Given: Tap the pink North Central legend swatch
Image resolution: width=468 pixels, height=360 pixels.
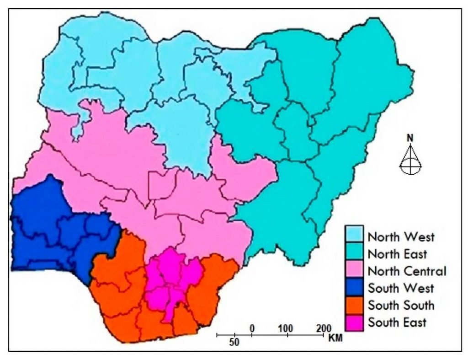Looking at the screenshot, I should pyautogui.click(x=355, y=271).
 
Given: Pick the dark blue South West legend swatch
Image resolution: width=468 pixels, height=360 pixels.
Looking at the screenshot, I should pyautogui.click(x=355, y=288).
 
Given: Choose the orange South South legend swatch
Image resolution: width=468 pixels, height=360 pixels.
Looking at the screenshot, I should pyautogui.click(x=355, y=305).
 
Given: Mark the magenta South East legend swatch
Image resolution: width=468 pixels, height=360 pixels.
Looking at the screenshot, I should pyautogui.click(x=355, y=322).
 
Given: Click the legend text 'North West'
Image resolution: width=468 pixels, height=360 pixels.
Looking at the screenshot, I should pyautogui.click(x=401, y=237).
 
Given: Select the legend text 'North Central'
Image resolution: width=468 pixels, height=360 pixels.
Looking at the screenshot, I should pyautogui.click(x=407, y=271).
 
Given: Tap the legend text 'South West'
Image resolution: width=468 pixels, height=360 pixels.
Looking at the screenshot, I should pyautogui.click(x=401, y=288).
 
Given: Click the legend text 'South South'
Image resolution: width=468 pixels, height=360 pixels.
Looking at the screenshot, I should pyautogui.click(x=401, y=305).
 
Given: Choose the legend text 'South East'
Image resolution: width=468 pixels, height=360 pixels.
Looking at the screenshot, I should pyautogui.click(x=397, y=322).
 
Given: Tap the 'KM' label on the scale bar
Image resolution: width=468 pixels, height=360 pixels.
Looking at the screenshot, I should pyautogui.click(x=335, y=339).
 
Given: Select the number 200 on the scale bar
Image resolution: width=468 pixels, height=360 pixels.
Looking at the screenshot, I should pyautogui.click(x=323, y=328).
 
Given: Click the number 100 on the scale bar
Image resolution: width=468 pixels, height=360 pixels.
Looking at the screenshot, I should pyautogui.click(x=286, y=328).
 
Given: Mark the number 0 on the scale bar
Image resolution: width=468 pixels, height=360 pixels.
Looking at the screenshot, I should pyautogui.click(x=252, y=328).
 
